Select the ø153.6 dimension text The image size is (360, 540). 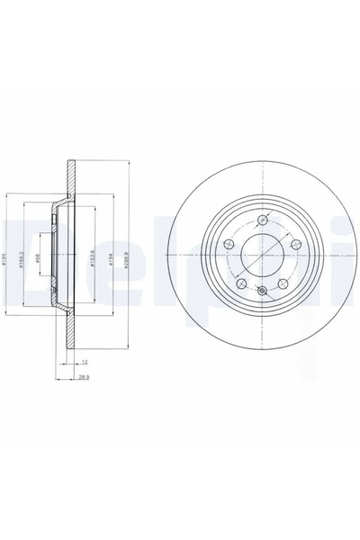94,255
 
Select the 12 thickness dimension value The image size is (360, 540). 84,361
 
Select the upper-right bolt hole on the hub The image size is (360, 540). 293,243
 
